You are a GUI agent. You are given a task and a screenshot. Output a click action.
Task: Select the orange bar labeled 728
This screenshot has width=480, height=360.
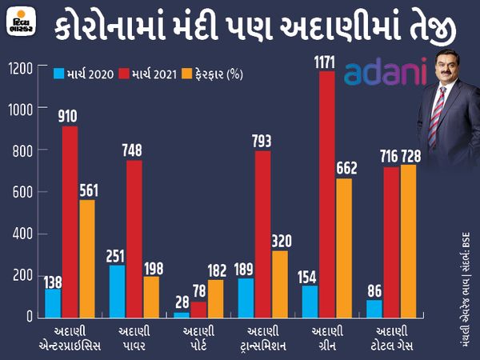pyautogui.click(x=408, y=241)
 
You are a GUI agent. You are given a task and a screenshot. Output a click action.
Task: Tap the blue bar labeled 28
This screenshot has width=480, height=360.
pyautogui.click(x=181, y=314)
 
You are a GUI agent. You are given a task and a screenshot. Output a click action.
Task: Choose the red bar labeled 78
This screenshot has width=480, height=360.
pyautogui.click(x=198, y=309)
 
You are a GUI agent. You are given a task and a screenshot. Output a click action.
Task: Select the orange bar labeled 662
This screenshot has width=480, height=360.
pyautogui.click(x=344, y=247)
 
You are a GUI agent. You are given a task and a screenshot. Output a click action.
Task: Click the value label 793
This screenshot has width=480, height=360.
pyautogui.click(x=262, y=140)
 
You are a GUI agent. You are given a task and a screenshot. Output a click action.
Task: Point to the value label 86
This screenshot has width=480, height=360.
pyautogui.click(x=372, y=289)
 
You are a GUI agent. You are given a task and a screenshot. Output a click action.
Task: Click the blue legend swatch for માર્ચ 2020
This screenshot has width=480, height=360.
pyautogui.click(x=59, y=74)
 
